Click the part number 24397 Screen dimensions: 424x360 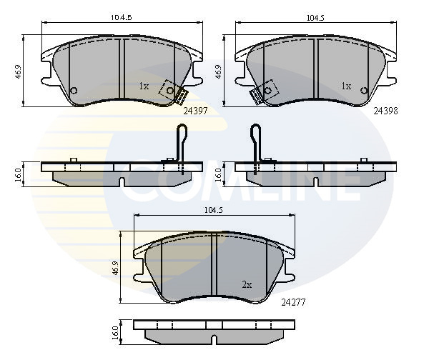tap(195, 111)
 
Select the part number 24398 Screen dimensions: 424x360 tap(385, 111)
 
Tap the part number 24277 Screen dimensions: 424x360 tap(293, 302)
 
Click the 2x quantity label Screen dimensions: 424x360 tap(247, 285)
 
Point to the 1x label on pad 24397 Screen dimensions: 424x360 tap(144, 86)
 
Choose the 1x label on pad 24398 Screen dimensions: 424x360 tap(346, 86)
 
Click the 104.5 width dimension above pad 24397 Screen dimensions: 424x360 tap(122, 18)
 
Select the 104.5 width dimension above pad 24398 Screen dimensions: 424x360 tap(315, 18)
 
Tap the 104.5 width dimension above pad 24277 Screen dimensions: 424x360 tap(213, 210)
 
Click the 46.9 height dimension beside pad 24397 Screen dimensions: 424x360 tap(18, 71)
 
